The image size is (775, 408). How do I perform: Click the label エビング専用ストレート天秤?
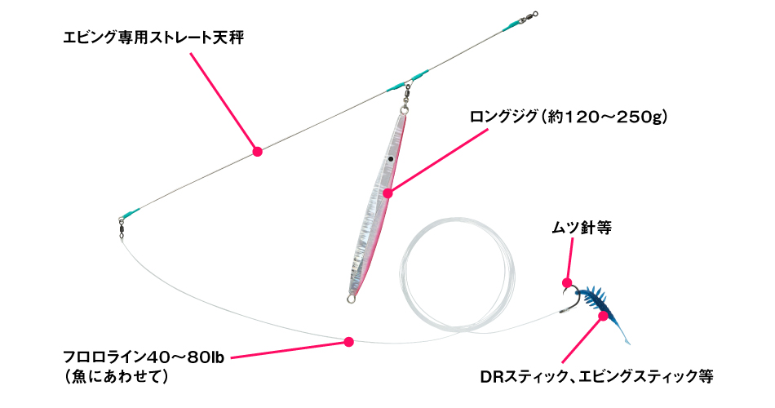(153, 38)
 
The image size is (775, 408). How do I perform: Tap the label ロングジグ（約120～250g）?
(569, 118)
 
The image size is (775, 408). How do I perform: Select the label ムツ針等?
(581, 228)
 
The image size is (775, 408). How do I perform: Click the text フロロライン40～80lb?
(144, 357)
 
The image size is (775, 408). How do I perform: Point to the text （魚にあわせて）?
(116, 377)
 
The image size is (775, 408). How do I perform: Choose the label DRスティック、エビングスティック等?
(596, 377)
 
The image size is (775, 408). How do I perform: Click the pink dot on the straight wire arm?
(257, 152)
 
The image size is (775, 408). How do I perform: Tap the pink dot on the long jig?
(388, 193)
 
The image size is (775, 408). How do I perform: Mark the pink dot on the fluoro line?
(349, 341)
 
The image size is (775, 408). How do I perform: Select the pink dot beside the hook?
(567, 283)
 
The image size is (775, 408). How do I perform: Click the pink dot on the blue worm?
(603, 316)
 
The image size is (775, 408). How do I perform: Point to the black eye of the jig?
(390, 159)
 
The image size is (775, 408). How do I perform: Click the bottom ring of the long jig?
(352, 298)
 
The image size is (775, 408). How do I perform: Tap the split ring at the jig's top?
(405, 106)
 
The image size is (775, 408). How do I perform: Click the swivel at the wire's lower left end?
(121, 228)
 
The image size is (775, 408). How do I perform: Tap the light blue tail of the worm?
(624, 337)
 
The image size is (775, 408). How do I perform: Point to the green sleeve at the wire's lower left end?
(131, 213)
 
